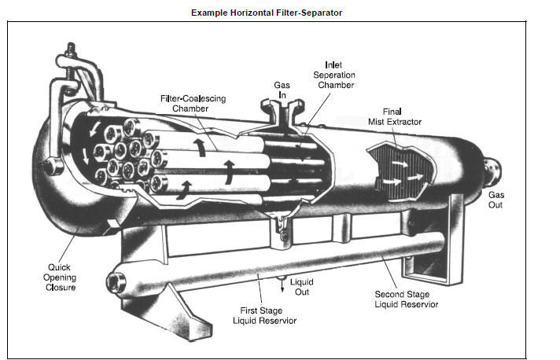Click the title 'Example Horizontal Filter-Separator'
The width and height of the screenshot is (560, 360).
267,13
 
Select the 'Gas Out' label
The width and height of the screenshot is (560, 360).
496,200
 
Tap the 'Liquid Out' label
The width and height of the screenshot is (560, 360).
303,286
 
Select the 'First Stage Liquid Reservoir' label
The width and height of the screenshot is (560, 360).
263,316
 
